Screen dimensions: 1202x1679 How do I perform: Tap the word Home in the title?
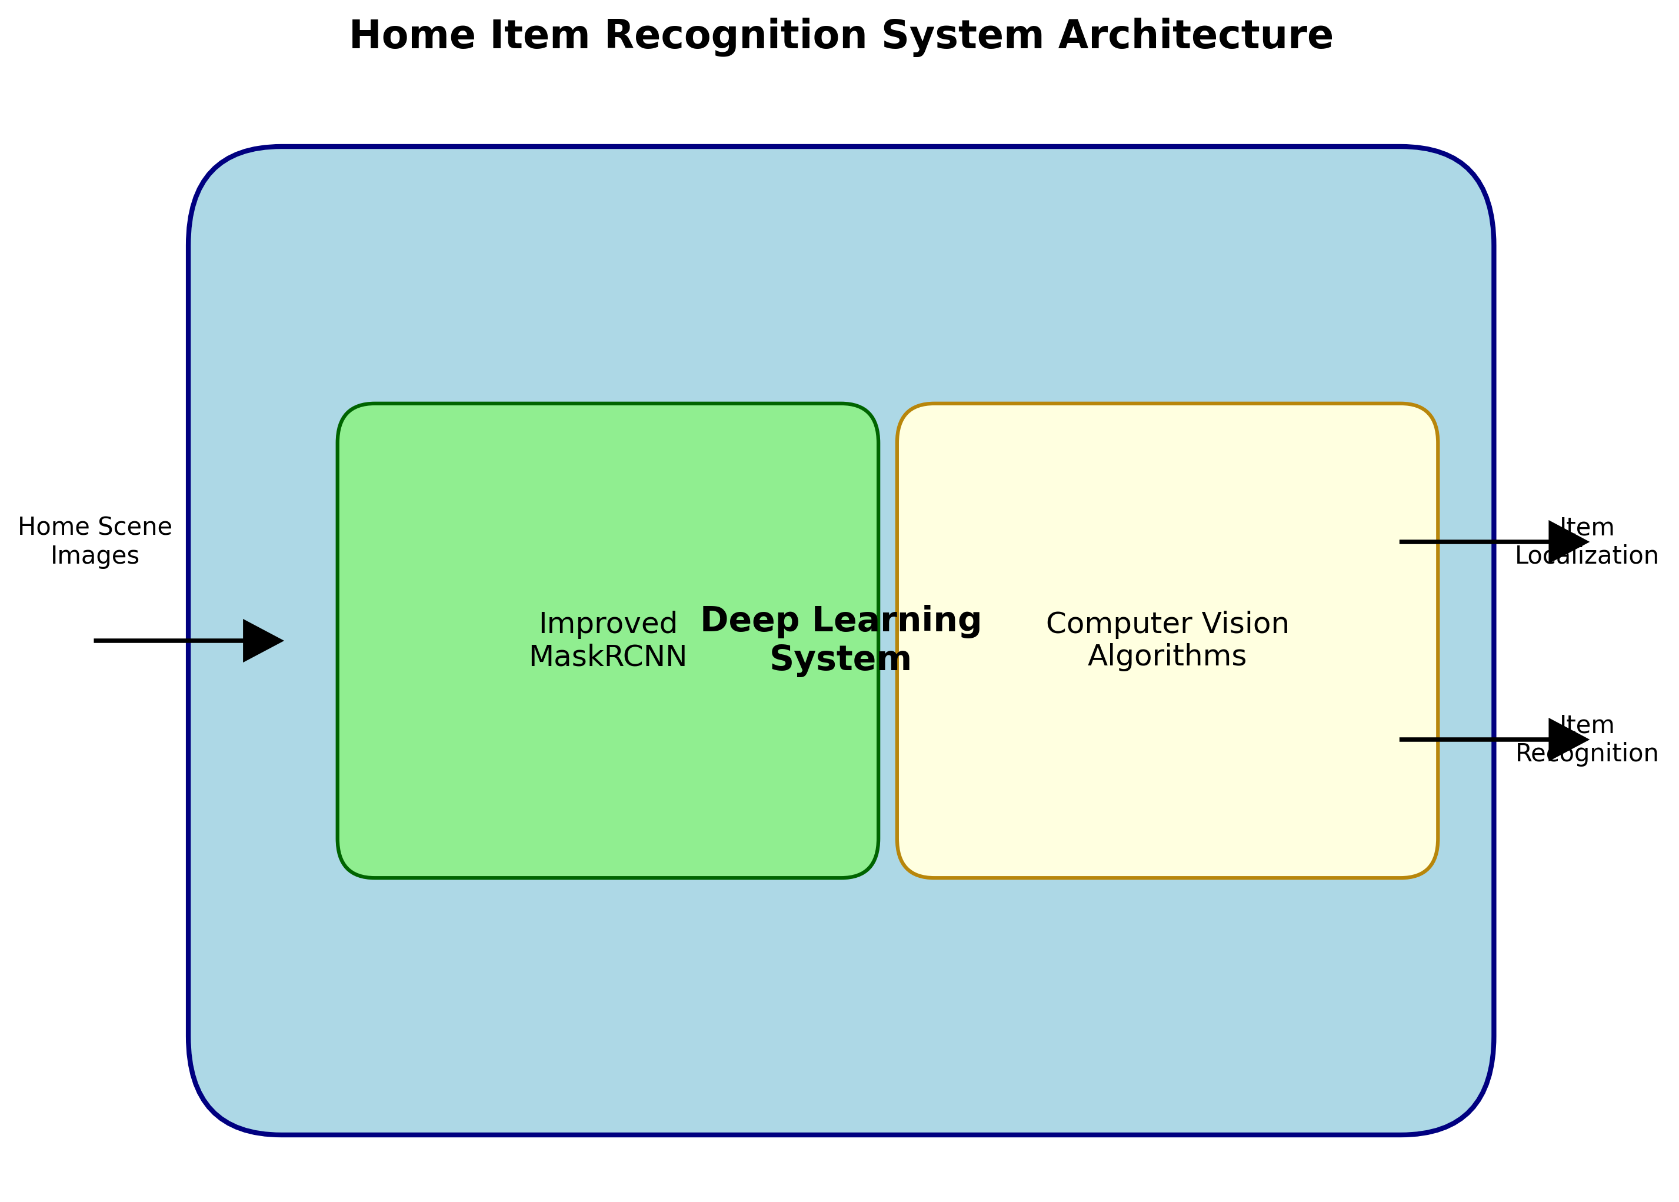tap(412, 35)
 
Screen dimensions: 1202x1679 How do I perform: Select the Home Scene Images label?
tap(95, 541)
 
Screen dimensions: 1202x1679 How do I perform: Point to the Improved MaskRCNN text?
tap(608, 640)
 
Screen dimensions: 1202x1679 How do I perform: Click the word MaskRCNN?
tap(608, 657)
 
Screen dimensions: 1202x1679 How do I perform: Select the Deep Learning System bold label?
tap(841, 640)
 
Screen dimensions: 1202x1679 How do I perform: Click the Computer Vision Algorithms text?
tap(1167, 640)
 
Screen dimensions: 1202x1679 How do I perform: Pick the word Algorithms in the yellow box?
tap(1167, 657)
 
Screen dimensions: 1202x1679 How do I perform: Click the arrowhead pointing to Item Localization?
tap(1567, 542)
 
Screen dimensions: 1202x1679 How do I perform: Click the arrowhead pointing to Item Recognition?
tap(1567, 740)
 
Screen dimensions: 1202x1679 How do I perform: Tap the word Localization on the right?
tap(1587, 556)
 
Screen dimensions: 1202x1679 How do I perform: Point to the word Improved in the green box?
tap(608, 624)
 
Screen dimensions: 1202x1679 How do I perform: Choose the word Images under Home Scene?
tap(95, 556)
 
